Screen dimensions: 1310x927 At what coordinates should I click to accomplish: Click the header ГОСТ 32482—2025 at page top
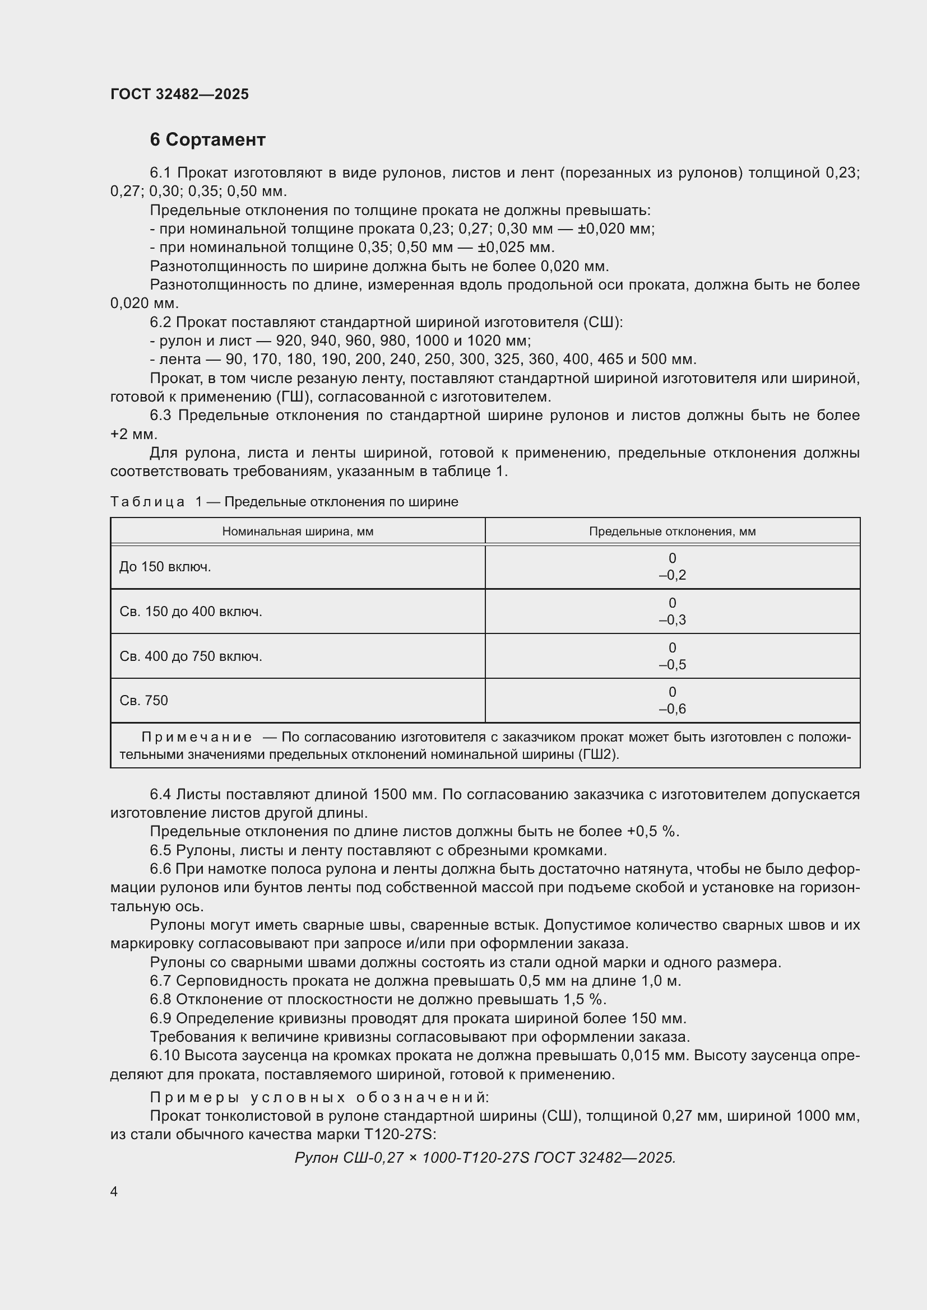179,94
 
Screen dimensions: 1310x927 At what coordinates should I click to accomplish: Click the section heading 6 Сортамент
207,140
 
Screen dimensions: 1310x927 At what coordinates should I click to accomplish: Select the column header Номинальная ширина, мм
298,532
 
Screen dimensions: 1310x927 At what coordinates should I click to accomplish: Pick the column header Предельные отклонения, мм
672,532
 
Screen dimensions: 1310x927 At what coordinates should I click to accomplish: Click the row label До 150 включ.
165,567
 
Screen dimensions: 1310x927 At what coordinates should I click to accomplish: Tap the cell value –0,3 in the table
672,620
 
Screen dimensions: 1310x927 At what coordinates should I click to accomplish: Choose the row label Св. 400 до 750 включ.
191,657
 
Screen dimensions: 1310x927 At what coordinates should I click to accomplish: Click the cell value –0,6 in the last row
672,709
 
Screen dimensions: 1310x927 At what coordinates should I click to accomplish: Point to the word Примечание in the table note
196,738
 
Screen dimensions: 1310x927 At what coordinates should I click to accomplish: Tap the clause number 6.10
165,1056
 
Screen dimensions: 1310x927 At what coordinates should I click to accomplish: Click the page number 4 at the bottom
114,1192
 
